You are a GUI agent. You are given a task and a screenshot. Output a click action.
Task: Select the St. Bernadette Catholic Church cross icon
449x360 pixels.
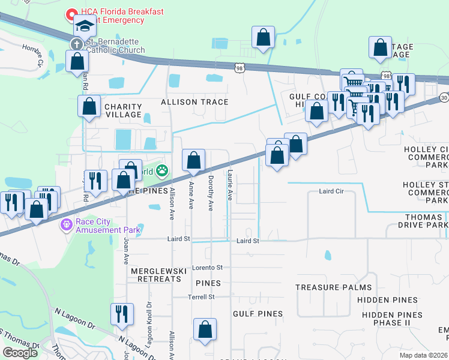[76, 44]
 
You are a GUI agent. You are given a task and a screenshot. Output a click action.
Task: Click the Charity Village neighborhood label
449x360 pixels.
[123, 111]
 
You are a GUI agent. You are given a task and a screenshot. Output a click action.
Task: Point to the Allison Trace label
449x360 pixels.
[194, 102]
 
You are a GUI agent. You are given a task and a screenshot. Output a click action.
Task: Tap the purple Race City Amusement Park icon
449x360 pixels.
[66, 225]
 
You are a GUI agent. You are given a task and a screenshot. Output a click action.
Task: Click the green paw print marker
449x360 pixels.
[162, 172]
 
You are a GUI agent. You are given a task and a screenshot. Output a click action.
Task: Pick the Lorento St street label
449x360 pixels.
[207, 267]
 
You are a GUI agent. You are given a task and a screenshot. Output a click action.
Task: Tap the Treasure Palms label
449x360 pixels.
[333, 287]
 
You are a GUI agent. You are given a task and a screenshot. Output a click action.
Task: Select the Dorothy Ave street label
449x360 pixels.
[211, 193]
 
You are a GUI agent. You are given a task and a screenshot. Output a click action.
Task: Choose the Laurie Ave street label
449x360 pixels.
[229, 184]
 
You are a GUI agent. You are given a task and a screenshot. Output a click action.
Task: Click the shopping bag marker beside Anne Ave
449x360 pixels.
[193, 160]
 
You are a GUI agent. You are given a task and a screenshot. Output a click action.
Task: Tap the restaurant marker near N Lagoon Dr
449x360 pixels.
[122, 314]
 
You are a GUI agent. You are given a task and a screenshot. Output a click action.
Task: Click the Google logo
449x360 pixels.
[20, 353]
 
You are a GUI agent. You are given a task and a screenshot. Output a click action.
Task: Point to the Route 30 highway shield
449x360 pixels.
[444, 97]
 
